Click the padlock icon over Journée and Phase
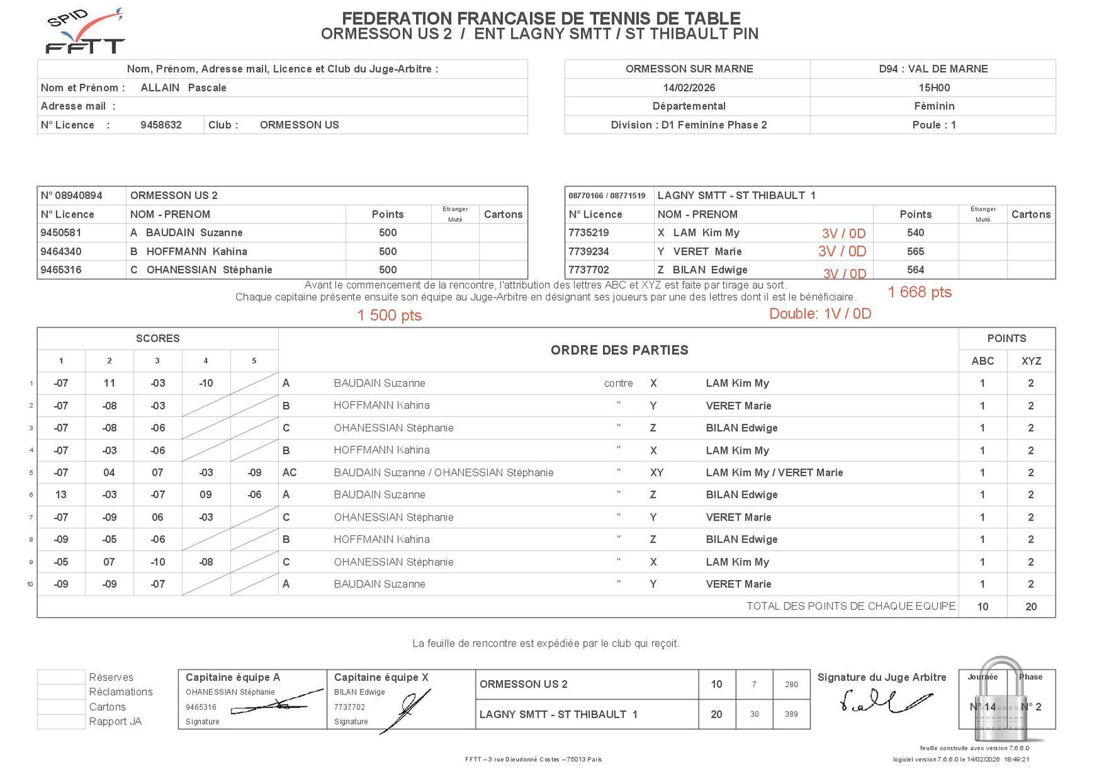(x=1001, y=699)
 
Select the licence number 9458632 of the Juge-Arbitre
(x=161, y=125)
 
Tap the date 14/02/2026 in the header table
(x=689, y=88)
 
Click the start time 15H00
(x=934, y=88)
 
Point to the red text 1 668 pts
(x=919, y=292)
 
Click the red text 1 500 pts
(x=389, y=316)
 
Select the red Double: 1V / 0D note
(x=820, y=314)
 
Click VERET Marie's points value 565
(x=915, y=251)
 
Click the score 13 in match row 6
(x=61, y=494)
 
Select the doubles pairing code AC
(x=289, y=472)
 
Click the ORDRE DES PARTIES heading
(x=619, y=350)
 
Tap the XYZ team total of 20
(x=1030, y=606)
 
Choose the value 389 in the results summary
(x=791, y=715)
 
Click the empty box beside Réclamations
(x=61, y=692)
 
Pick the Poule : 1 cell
(x=934, y=125)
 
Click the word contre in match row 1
(x=618, y=383)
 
